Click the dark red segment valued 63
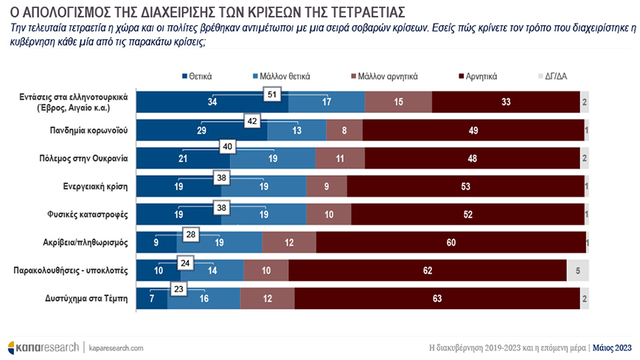437,298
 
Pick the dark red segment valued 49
473,130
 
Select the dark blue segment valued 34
212,102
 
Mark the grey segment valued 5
577,270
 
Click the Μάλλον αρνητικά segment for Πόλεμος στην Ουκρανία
340,158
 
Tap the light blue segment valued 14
212,270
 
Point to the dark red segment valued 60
450,242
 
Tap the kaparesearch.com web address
116,347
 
